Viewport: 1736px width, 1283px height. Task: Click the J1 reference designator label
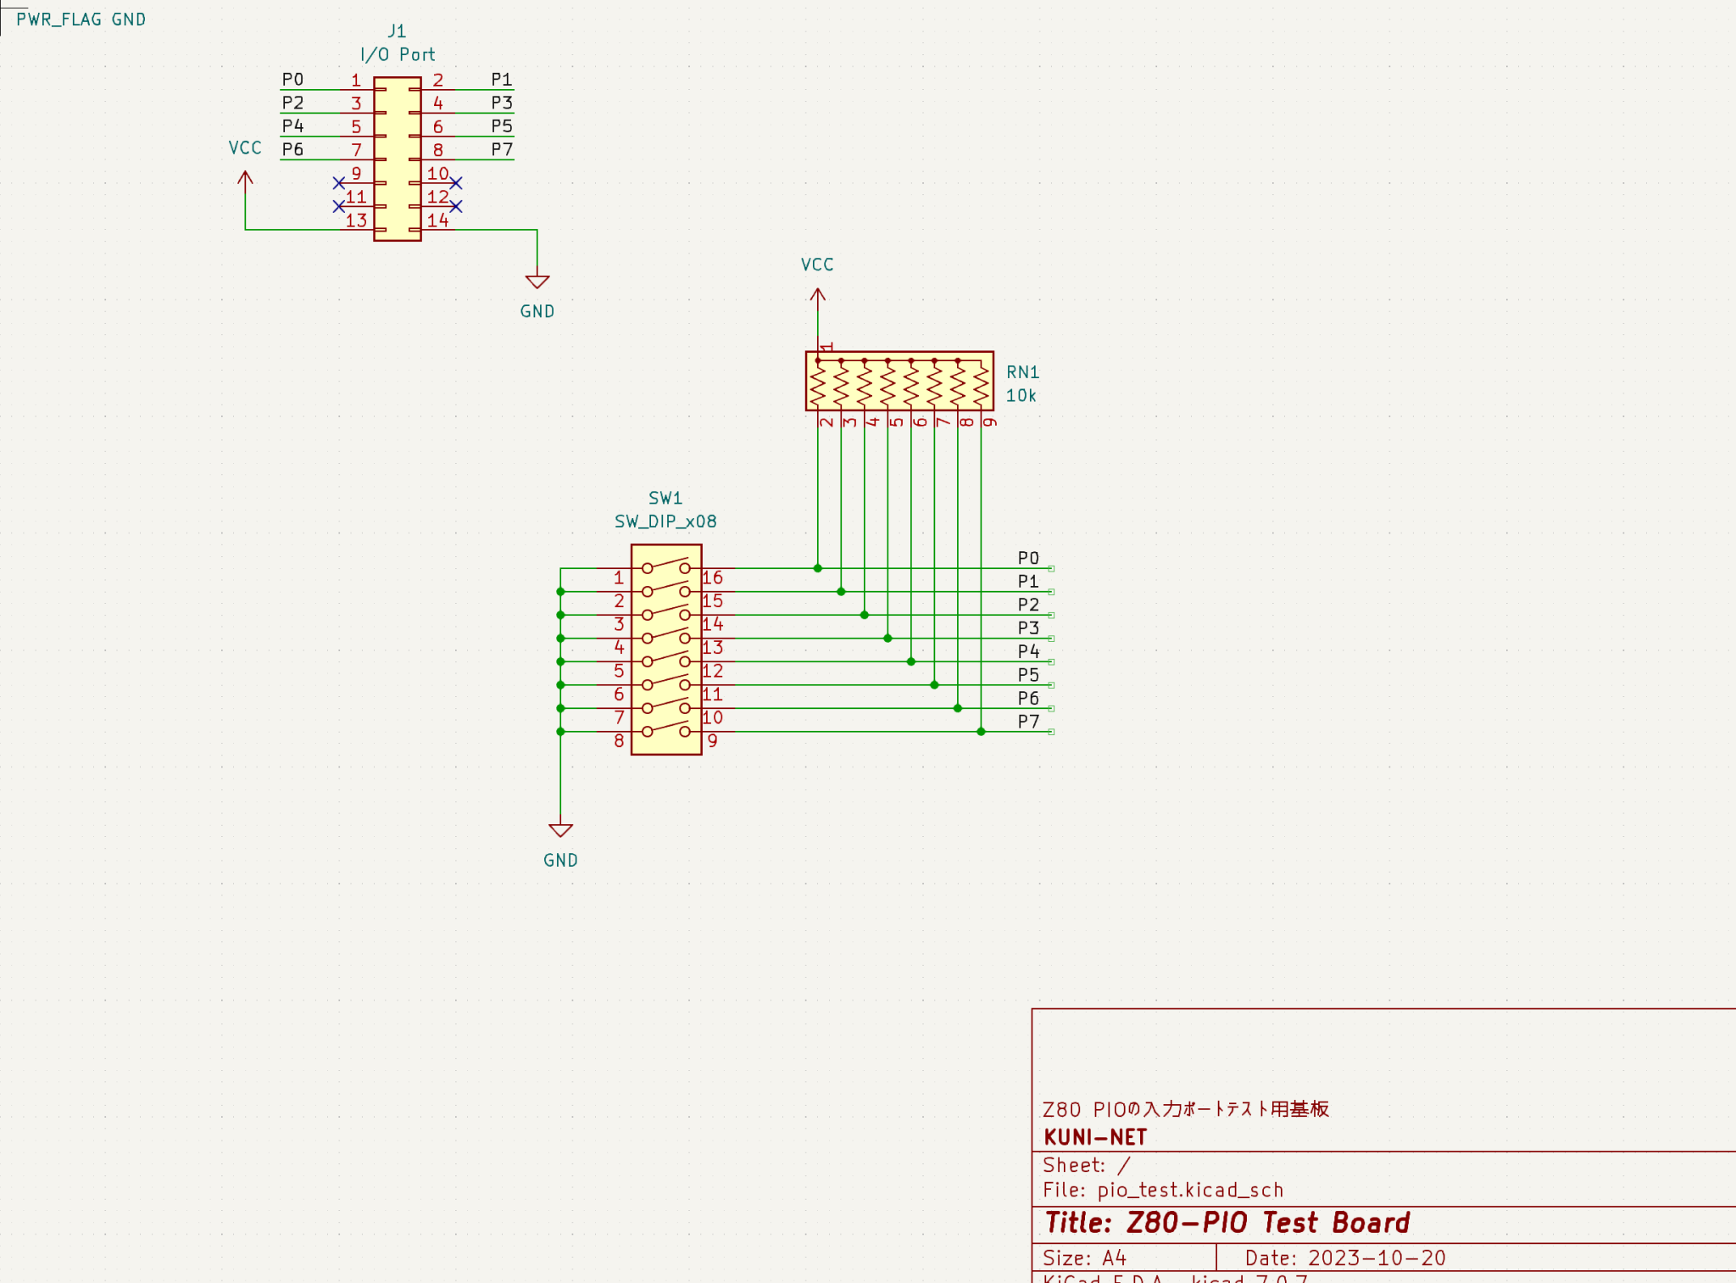(397, 31)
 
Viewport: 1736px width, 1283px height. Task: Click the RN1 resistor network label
(1022, 372)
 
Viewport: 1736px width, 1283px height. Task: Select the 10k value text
(1021, 396)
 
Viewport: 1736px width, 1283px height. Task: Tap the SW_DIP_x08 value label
(665, 522)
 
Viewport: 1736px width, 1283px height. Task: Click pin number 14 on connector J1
(437, 220)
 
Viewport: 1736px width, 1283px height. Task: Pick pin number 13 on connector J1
(356, 220)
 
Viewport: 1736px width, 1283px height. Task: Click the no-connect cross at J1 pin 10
(456, 183)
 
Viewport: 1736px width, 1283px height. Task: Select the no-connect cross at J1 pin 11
(339, 207)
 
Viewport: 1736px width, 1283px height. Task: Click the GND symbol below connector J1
(537, 282)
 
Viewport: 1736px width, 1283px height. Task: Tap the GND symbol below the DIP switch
(560, 831)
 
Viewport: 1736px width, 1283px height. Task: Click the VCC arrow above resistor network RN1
(817, 296)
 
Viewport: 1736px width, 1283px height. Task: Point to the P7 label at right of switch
(1028, 722)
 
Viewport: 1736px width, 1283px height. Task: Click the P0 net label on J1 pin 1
(292, 80)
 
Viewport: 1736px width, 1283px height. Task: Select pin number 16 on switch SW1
(712, 578)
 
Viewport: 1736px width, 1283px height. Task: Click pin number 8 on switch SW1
(619, 741)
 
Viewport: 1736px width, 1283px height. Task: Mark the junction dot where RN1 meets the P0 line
(817, 568)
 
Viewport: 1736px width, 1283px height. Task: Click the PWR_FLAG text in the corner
(58, 20)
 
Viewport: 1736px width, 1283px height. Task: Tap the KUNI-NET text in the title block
(1095, 1137)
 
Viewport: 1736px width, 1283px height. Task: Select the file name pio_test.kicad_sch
(1190, 1190)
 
